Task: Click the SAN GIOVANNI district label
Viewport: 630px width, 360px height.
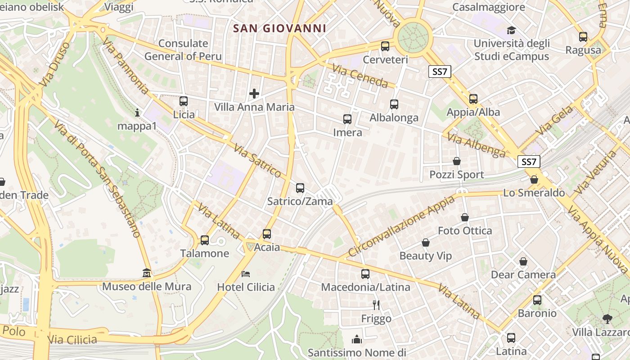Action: click(279, 28)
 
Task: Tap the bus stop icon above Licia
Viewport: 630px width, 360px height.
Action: click(184, 101)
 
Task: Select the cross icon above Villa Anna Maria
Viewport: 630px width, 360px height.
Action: click(254, 94)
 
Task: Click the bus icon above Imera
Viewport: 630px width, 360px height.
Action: click(347, 119)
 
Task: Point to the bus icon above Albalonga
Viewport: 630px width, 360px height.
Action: click(394, 104)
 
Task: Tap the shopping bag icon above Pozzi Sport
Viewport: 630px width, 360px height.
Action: click(457, 161)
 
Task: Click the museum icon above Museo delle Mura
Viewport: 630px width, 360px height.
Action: click(147, 273)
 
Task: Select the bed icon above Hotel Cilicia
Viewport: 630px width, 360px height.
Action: click(246, 274)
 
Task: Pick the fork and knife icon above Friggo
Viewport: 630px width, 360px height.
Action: click(376, 305)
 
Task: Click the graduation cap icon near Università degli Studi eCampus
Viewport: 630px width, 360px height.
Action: click(511, 31)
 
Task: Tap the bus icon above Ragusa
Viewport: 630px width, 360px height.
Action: click(583, 37)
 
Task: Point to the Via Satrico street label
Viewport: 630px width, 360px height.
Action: click(258, 161)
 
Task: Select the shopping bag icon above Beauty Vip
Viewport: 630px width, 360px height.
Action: click(426, 243)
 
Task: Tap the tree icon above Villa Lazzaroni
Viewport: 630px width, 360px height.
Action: click(607, 319)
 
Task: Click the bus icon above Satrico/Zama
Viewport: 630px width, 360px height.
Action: click(300, 188)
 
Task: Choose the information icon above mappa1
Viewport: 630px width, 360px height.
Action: click(137, 112)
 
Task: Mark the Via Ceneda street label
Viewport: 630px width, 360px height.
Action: click(360, 76)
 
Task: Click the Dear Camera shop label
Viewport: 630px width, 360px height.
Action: click(523, 274)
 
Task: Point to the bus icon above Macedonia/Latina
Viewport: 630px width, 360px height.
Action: click(365, 274)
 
